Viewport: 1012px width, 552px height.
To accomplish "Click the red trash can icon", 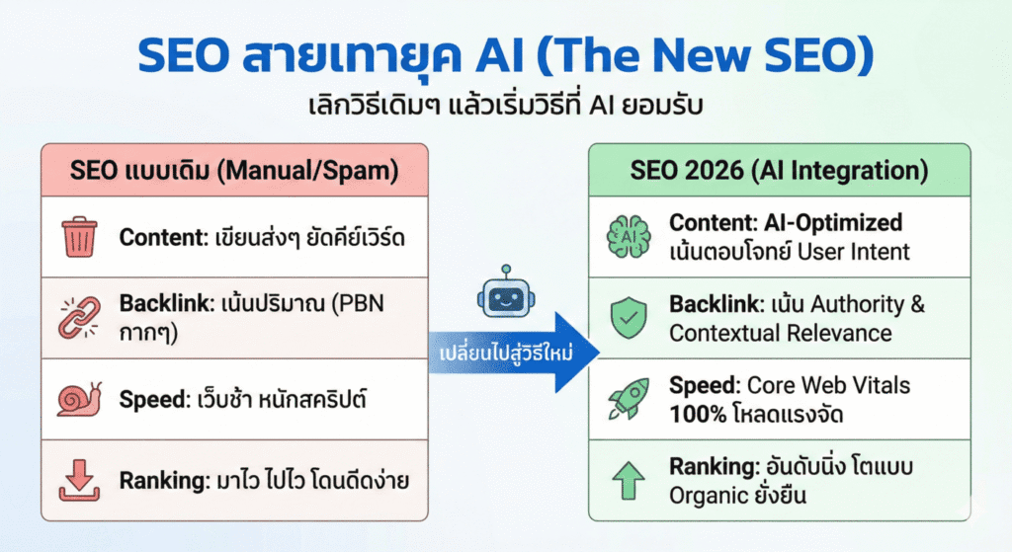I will click(x=80, y=238).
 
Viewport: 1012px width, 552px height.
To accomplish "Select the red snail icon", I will click(x=79, y=398).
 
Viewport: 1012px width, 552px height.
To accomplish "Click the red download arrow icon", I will click(x=80, y=480).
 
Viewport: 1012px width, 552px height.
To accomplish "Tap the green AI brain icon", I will click(x=629, y=238).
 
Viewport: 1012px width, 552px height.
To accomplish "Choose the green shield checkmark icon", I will click(x=629, y=318).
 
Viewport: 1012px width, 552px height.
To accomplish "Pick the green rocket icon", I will click(x=629, y=399).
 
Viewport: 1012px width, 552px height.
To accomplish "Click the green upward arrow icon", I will click(x=629, y=480).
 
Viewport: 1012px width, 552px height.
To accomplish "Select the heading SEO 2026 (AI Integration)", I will click(x=779, y=170).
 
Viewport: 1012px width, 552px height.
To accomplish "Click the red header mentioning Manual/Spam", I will click(x=234, y=170).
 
